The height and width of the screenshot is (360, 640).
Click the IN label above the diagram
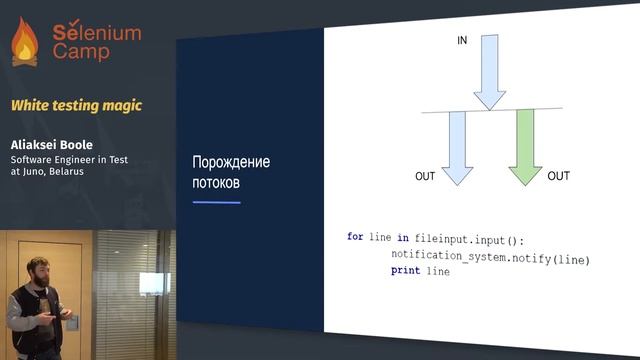click(462, 41)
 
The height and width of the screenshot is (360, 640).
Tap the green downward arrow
click(524, 145)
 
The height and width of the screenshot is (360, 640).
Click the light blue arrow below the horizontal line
click(457, 145)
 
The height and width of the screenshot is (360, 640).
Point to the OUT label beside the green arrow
click(558, 176)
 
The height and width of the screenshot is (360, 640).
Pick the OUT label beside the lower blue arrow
click(425, 177)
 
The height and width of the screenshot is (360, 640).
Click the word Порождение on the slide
click(231, 163)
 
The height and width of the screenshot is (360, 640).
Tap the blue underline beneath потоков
click(216, 202)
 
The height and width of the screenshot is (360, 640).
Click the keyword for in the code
click(355, 237)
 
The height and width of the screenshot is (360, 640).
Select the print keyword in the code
click(405, 271)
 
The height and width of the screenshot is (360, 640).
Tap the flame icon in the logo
click(24, 42)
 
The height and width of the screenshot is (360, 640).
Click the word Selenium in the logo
click(97, 32)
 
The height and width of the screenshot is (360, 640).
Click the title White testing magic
click(76, 105)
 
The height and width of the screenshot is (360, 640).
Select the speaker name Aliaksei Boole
click(51, 144)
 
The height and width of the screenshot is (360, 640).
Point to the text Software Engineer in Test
click(67, 158)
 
